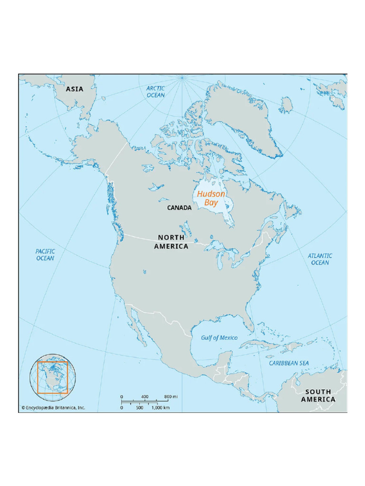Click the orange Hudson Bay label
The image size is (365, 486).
coord(211,198)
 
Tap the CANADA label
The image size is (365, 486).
coord(179,208)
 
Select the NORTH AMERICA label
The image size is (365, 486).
coord(171,242)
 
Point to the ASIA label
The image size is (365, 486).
coord(75,89)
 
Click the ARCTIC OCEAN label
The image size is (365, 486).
coord(155,92)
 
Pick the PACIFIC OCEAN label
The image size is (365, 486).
coord(45,254)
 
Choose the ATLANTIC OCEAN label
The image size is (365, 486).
coord(320,259)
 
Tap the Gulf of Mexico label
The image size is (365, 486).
coord(219,337)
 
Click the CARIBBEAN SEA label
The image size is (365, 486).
coord(289,363)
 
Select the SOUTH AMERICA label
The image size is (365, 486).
coord(318,395)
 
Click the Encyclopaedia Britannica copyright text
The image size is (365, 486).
coord(53,407)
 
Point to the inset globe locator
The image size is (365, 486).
coord(50,378)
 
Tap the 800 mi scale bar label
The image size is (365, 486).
coord(171,396)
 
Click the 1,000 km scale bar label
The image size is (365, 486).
coord(161,407)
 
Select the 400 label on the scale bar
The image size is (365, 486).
coord(144,396)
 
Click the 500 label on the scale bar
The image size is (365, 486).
coord(140,407)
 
